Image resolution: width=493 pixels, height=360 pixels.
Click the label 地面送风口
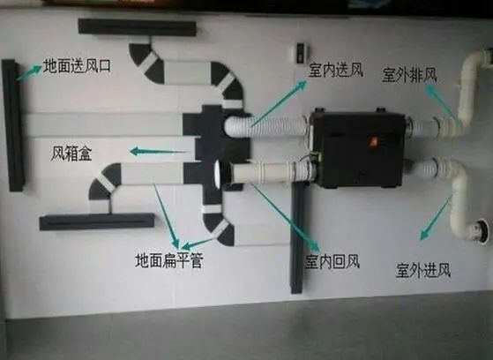tap(77, 66)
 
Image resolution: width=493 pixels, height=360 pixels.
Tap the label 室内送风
tap(335, 71)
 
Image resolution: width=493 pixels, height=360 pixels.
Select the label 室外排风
tap(409, 75)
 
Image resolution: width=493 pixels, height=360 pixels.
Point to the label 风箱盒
tap(71, 154)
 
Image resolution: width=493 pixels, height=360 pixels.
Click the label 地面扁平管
tap(169, 260)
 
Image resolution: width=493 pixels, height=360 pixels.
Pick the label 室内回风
tap(332, 262)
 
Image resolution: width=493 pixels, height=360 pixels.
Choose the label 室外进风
tap(423, 270)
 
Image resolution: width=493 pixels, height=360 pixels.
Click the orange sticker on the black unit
tap(373, 142)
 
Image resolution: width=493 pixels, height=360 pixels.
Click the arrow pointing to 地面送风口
tap(29, 72)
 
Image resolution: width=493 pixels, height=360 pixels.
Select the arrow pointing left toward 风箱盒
tap(159, 152)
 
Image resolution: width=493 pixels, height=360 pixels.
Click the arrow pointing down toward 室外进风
tap(436, 218)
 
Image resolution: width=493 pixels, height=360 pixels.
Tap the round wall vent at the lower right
tap(482, 231)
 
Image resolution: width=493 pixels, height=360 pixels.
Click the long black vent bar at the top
tap(137, 27)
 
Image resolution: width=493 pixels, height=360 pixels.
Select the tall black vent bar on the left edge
tap(13, 125)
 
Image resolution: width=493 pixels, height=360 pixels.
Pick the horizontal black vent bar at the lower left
tap(97, 221)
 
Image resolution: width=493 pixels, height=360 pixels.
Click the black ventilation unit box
tap(358, 148)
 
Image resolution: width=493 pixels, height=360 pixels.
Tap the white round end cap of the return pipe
tap(218, 175)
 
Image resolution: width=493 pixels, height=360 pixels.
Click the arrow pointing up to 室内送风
tap(279, 103)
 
